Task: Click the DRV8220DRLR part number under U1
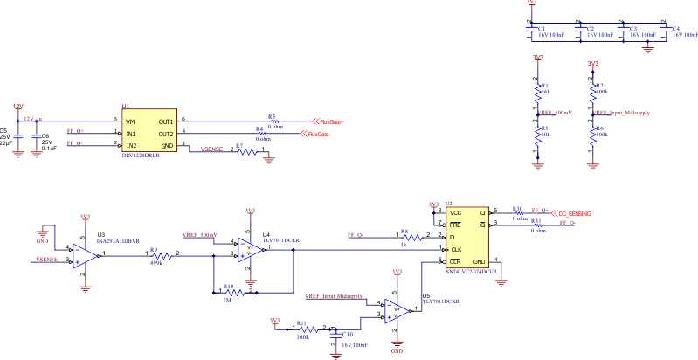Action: [142, 154]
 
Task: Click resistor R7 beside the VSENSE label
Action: [251, 151]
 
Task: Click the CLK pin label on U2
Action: [455, 249]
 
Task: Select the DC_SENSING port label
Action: [573, 212]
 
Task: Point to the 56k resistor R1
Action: [538, 90]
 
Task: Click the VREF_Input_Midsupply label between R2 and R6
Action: [621, 114]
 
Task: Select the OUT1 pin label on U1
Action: [165, 121]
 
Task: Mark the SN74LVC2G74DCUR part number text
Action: [472, 272]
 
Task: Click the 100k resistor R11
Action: [303, 328]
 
